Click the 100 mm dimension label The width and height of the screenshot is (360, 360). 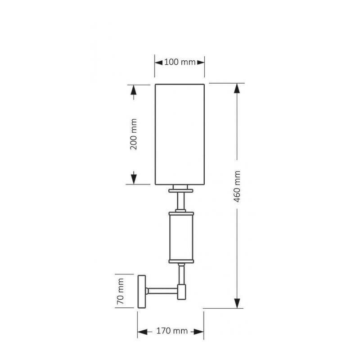tap(180, 62)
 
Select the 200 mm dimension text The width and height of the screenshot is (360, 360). tap(133, 134)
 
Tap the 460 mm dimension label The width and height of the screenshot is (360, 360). tap(237, 186)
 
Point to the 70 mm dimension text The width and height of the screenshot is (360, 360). tap(120, 291)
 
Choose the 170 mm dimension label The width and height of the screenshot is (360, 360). tap(172, 331)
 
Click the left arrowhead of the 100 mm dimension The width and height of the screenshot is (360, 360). tap(159, 62)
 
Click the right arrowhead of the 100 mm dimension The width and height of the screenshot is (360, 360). tap(200, 62)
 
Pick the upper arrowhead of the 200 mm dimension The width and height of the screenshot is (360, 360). tap(133, 90)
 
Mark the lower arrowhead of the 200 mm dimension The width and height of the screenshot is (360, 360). tap(134, 179)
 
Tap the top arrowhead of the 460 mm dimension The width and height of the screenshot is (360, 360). tap(237, 88)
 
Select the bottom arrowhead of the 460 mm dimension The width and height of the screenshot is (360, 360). tap(237, 303)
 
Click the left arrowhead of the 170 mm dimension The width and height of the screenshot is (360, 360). tap(142, 332)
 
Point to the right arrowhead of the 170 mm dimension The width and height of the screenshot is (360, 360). tap(198, 332)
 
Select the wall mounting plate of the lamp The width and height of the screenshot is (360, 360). tap(141, 292)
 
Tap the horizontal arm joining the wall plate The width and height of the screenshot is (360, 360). tap(162, 291)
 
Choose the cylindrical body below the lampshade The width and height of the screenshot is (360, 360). tap(181, 238)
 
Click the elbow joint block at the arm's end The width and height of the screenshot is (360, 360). tap(182, 292)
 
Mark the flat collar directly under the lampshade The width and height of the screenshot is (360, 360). tap(181, 190)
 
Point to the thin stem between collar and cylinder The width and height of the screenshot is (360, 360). tap(181, 201)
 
